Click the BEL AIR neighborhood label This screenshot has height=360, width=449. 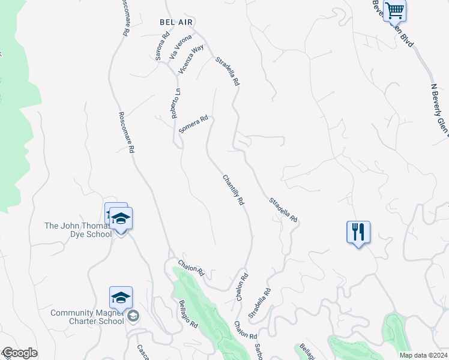pos(176,22)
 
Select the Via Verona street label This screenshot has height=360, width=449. pos(180,47)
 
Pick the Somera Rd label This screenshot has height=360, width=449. pos(193,125)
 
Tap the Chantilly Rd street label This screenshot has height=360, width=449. pos(234,190)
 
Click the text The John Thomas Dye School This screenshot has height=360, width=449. pos(79,230)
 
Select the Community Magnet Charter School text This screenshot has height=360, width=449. pos(88,317)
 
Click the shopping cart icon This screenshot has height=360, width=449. pos(394,10)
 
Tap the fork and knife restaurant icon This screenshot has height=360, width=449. pos(358,231)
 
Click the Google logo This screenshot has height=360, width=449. pos(20,353)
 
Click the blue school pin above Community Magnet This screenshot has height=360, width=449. pos(121,298)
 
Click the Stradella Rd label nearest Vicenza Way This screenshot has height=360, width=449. pos(228,71)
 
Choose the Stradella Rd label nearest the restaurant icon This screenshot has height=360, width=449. pos(283,210)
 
